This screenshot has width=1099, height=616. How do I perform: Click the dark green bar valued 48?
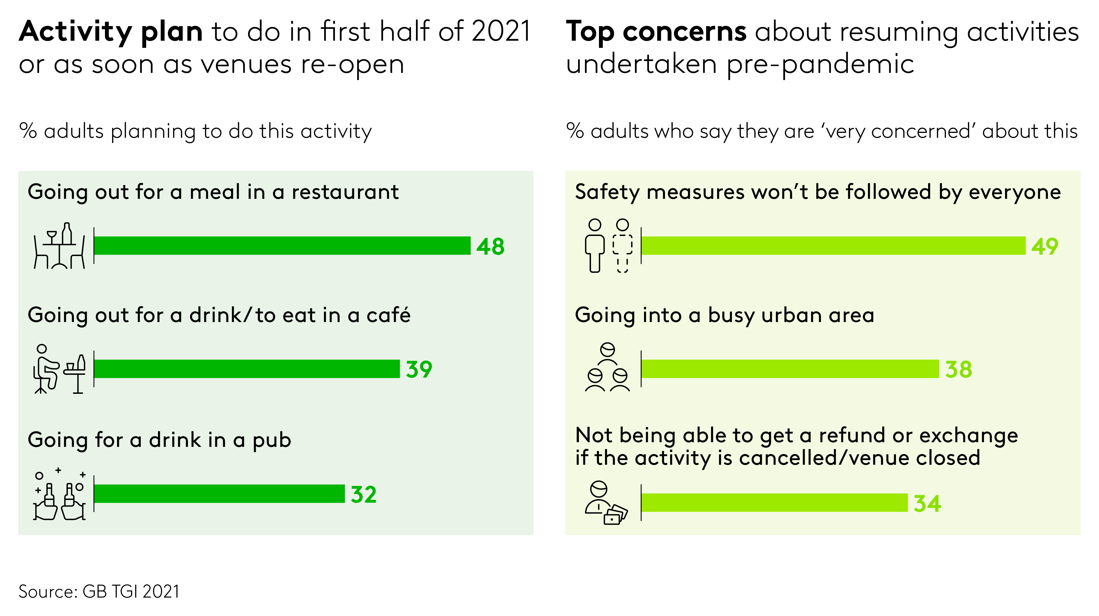tap(282, 246)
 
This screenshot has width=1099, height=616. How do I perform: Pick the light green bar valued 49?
tap(833, 246)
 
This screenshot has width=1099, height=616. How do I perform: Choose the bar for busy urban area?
tap(790, 369)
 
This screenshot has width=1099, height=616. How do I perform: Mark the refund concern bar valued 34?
tap(774, 502)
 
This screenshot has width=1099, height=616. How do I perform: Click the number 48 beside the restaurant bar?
tap(490, 246)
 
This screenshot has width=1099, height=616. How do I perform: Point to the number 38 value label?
tap(958, 369)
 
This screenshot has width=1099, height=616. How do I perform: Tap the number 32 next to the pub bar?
tap(363, 494)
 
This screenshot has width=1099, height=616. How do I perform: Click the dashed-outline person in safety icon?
tap(623, 246)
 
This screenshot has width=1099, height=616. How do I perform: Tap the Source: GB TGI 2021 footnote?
tap(99, 591)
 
